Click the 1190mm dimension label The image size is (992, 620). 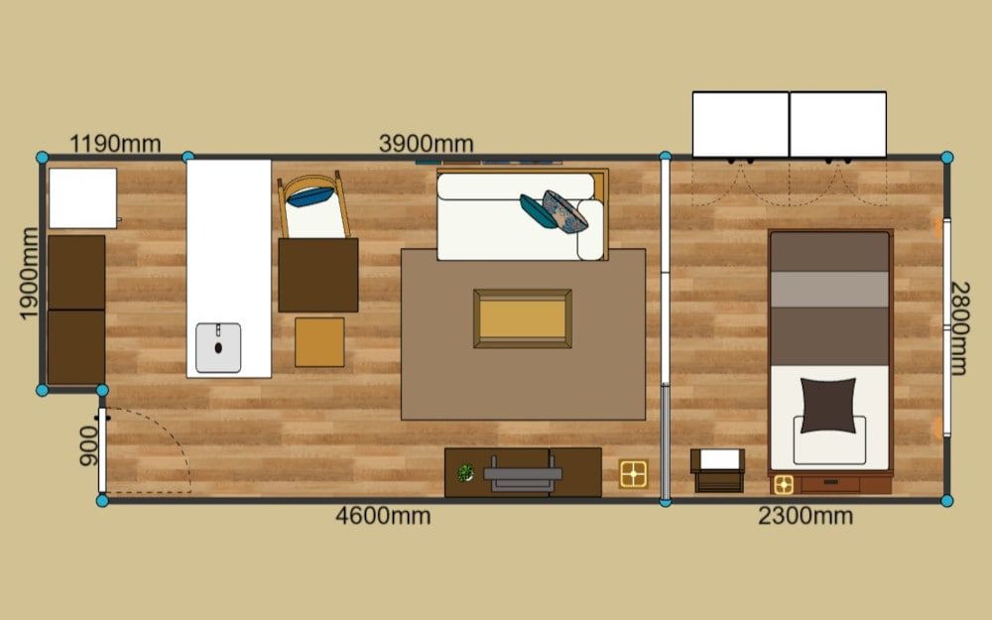(x=115, y=144)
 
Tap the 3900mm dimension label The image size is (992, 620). (x=427, y=144)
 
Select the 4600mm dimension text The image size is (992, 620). (x=383, y=516)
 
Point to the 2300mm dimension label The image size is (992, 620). (x=806, y=516)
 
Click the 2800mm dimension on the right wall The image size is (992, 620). (x=959, y=328)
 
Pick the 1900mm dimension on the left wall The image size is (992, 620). (x=29, y=274)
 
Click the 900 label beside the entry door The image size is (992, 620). (x=88, y=446)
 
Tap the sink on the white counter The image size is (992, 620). (x=218, y=347)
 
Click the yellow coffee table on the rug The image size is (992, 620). (x=523, y=318)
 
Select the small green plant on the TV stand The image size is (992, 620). (x=465, y=472)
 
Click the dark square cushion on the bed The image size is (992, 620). (x=828, y=406)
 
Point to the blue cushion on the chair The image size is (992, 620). (x=310, y=196)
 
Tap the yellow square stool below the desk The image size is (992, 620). (x=319, y=342)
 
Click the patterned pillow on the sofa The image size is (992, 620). (x=565, y=211)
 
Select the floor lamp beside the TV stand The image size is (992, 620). (x=633, y=474)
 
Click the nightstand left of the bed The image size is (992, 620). (x=718, y=470)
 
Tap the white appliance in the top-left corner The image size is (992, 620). (x=83, y=198)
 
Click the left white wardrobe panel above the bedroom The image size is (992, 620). (x=741, y=124)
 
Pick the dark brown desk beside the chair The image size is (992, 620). (x=318, y=275)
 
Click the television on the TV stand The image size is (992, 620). (x=523, y=474)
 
